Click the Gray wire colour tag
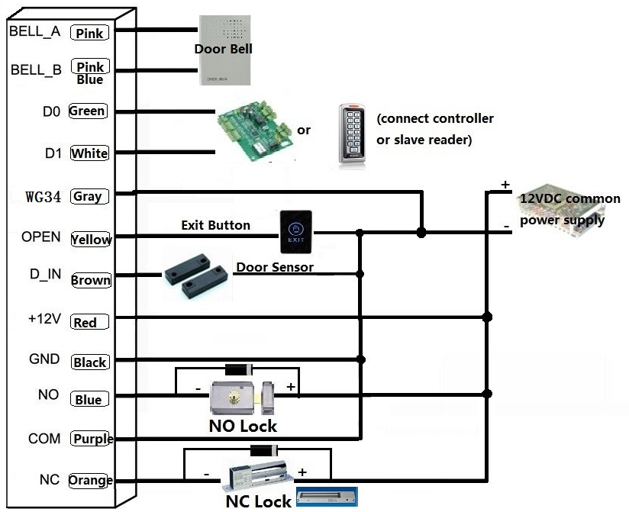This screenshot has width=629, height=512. pyautogui.click(x=89, y=196)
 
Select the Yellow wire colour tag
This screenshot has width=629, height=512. pyautogui.click(x=91, y=239)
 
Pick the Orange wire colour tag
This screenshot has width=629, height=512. pyautogui.click(x=91, y=481)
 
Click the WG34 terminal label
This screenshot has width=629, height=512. pyautogui.click(x=43, y=197)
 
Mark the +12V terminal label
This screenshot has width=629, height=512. pyautogui.click(x=43, y=319)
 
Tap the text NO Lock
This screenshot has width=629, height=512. pyautogui.click(x=243, y=426)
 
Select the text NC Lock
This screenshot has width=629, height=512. pyautogui.click(x=258, y=501)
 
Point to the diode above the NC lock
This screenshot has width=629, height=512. pyautogui.click(x=263, y=450)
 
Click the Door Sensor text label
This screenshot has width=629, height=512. pyautogui.click(x=274, y=267)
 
